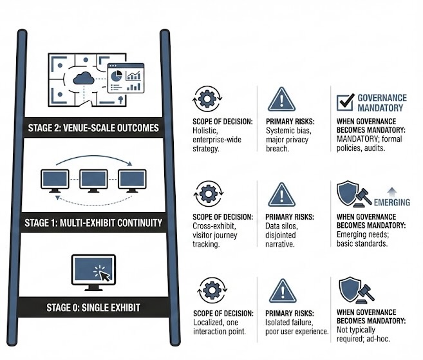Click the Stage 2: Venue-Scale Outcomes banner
[x=93, y=127]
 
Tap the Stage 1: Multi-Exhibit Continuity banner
[x=93, y=222]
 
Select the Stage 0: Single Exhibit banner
[x=93, y=307]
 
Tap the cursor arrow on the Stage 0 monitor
[x=103, y=275]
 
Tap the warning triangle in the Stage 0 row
[x=281, y=291]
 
